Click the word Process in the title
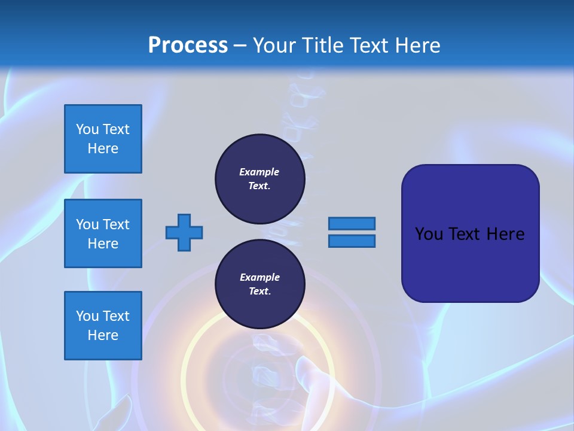point(188,45)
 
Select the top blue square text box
point(103,139)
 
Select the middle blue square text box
point(103,233)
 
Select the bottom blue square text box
point(103,326)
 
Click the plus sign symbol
point(184,232)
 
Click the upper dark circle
point(260,179)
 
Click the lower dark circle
point(260,284)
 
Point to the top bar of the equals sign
point(352,223)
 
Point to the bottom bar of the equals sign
point(352,241)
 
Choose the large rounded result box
point(470,233)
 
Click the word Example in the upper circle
point(259,172)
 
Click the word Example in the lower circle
point(259,277)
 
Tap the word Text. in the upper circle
point(259,186)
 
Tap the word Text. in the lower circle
point(259,292)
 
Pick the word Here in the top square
point(103,148)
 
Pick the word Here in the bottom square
point(103,335)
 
